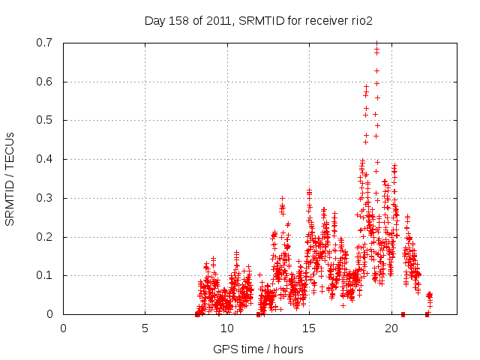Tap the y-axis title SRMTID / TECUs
tap(10, 178)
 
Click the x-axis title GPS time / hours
tap(258, 349)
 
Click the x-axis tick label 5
tap(145, 328)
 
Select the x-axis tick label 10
tap(227, 328)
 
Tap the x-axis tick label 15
tap(309, 328)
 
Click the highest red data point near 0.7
tap(376, 43)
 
